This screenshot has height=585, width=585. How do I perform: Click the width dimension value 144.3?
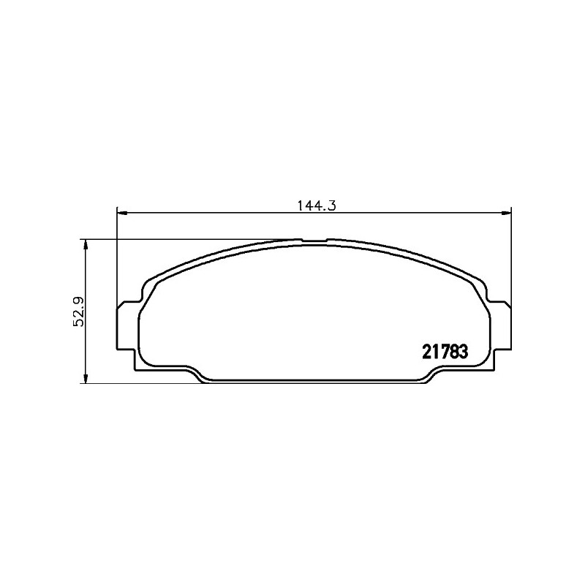pyautogui.click(x=317, y=205)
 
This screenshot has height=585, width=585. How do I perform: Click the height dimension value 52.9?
pyautogui.click(x=79, y=312)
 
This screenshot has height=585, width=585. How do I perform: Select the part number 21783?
pyautogui.click(x=445, y=352)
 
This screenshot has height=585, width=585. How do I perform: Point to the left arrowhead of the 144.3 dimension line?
pyautogui.click(x=123, y=213)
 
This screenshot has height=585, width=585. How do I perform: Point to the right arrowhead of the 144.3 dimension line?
pyautogui.click(x=505, y=213)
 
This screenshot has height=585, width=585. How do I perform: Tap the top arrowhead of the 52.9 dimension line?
pyautogui.click(x=86, y=245)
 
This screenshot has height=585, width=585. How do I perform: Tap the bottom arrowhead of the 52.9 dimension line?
pyautogui.click(x=86, y=377)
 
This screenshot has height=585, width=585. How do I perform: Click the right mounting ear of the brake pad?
pyautogui.click(x=500, y=325)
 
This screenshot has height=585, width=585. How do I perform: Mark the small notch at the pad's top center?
pyautogui.click(x=314, y=241)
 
